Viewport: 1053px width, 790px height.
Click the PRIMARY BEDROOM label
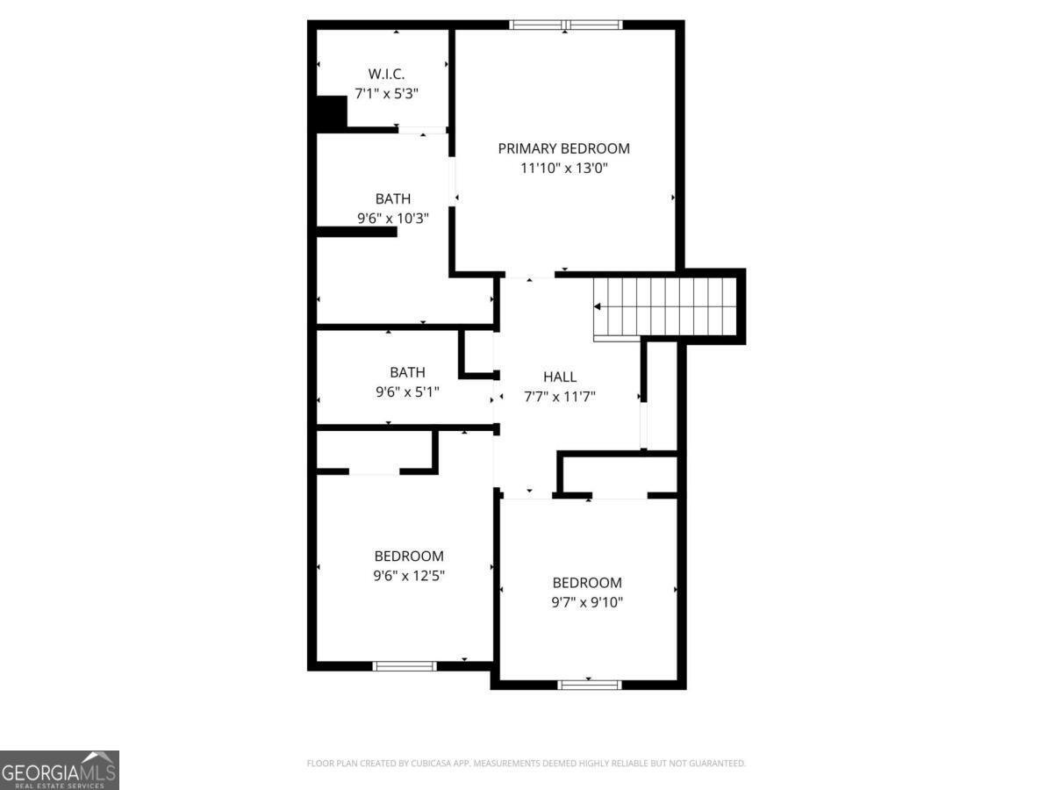[563, 148]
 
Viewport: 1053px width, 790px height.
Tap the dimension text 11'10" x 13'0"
[563, 168]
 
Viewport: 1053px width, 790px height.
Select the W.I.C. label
[386, 74]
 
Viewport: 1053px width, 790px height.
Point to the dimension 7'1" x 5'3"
[386, 92]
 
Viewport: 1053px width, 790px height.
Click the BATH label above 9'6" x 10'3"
[392, 199]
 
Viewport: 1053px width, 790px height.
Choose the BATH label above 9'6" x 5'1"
[407, 372]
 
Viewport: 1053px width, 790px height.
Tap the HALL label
[559, 377]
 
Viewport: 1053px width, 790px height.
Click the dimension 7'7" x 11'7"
[559, 397]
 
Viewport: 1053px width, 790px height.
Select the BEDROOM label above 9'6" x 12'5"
[408, 556]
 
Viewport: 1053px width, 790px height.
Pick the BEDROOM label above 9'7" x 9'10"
[586, 583]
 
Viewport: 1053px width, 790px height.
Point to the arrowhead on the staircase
[598, 307]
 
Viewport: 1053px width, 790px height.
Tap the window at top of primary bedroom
[566, 25]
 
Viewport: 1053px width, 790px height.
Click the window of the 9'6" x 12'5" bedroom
[405, 666]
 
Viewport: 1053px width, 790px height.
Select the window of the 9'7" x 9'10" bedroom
[590, 685]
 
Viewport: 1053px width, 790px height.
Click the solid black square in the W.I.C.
[331, 112]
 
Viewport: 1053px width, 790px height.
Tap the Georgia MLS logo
[59, 770]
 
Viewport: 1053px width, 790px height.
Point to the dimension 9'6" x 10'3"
[392, 219]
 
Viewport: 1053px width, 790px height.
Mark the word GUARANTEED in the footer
[715, 764]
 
